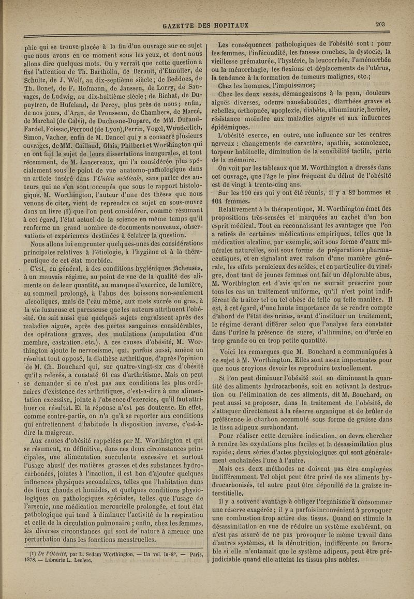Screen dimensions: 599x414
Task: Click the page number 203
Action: click(382, 23)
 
